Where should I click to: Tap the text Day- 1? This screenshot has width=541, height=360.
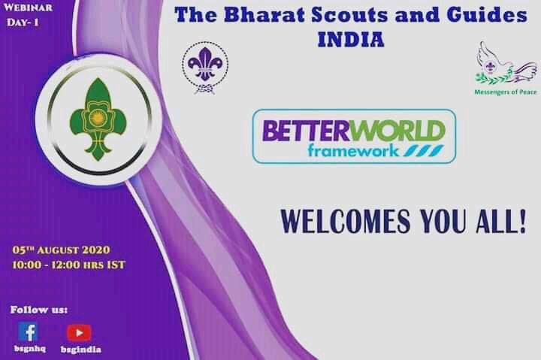23,23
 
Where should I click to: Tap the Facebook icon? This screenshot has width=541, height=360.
28,331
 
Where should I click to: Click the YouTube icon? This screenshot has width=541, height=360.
79,332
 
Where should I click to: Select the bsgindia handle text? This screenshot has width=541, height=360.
80,349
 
